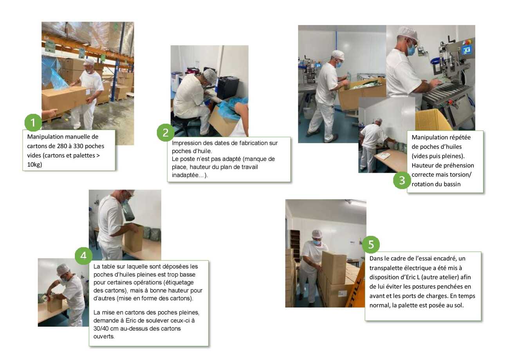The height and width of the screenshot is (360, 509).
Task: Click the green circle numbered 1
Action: (x=33, y=123)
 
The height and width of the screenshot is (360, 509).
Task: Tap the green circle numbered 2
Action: (x=165, y=132)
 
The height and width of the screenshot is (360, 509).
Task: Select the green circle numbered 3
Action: (x=402, y=180)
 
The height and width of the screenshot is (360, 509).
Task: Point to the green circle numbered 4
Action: (x=83, y=256)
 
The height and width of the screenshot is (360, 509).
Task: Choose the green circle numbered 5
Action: (x=371, y=245)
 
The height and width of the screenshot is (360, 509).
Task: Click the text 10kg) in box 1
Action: (x=34, y=165)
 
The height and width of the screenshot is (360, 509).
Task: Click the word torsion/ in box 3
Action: (x=460, y=174)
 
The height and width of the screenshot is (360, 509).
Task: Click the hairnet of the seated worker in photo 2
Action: (x=210, y=75)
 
